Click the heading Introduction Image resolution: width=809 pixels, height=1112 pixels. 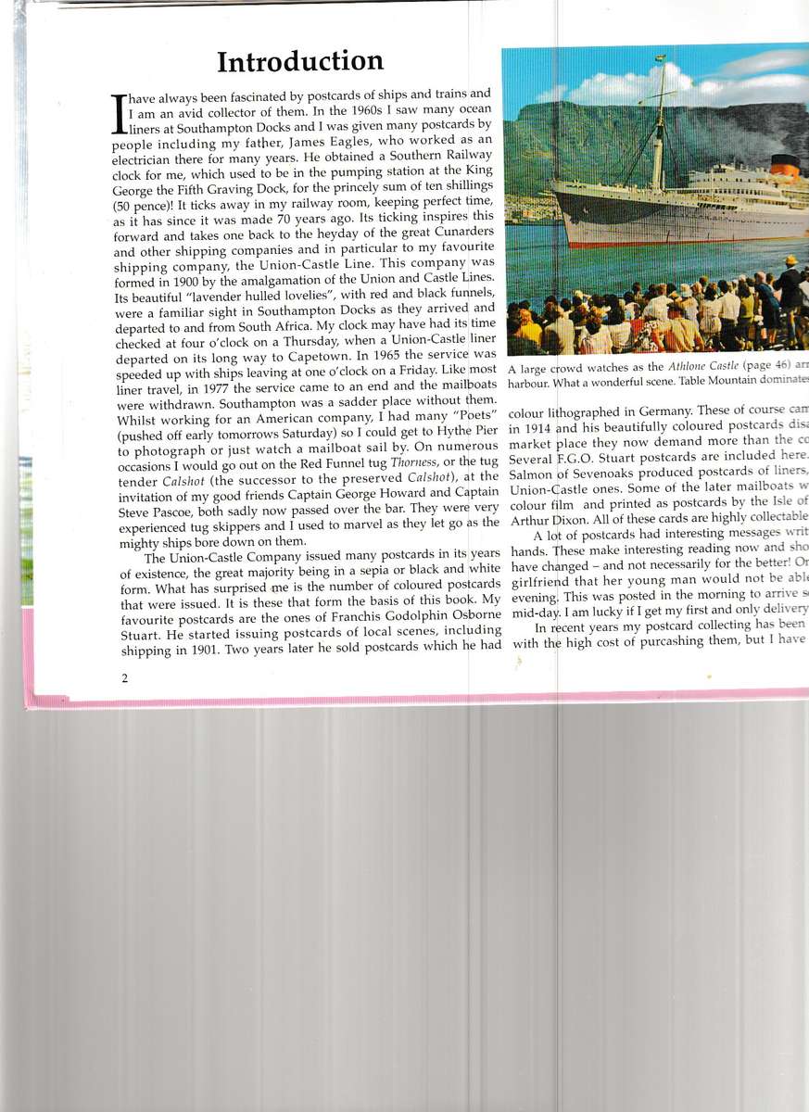click(299, 62)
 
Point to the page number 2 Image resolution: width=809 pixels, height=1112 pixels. click(124, 677)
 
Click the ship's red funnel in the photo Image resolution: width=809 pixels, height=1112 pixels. click(784, 168)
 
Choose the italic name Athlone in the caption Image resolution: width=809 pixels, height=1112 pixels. click(671, 369)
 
